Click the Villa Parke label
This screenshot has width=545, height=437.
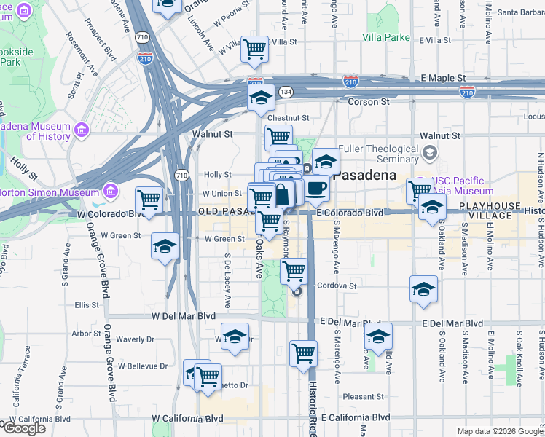(x=386, y=36)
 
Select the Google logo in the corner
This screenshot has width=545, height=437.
(x=23, y=428)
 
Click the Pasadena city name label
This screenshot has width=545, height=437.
(x=364, y=176)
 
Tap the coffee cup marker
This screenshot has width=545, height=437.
(x=315, y=189)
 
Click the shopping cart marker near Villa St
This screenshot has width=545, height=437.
(x=254, y=49)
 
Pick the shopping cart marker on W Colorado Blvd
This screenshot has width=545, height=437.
(x=149, y=200)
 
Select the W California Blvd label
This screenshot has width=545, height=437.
(x=187, y=418)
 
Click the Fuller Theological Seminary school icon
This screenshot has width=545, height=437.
(x=430, y=152)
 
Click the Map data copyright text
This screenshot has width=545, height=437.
(x=501, y=431)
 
